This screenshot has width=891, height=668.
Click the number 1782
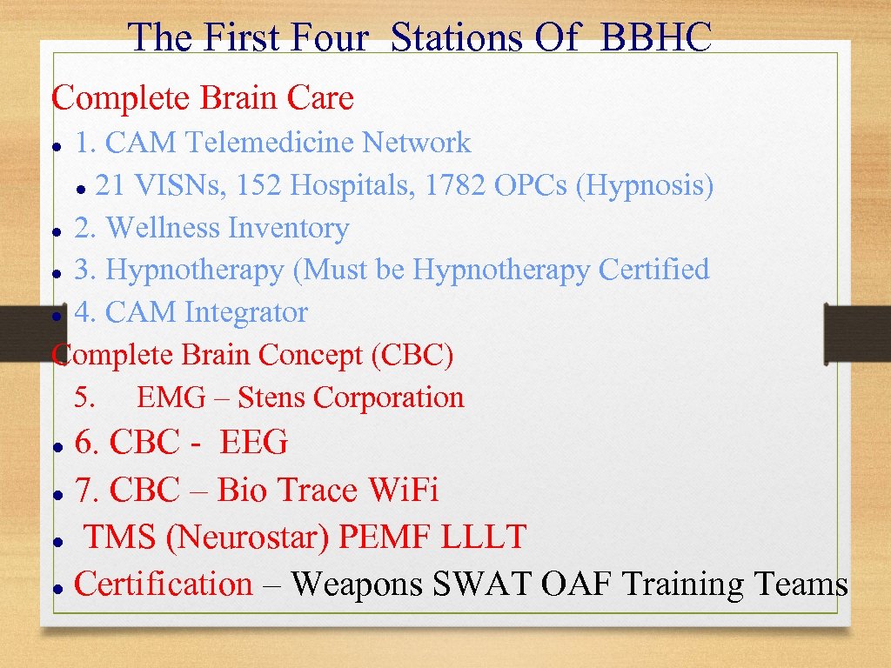[455, 185]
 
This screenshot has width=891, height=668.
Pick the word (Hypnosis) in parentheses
[645, 185]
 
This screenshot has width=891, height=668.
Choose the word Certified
[653, 270]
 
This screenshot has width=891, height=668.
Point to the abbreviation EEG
[253, 443]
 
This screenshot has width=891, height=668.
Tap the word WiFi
[404, 491]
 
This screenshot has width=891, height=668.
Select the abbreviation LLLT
[484, 538]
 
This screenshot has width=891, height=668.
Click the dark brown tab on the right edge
[857, 333]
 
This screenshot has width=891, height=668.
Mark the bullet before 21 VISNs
[80, 188]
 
